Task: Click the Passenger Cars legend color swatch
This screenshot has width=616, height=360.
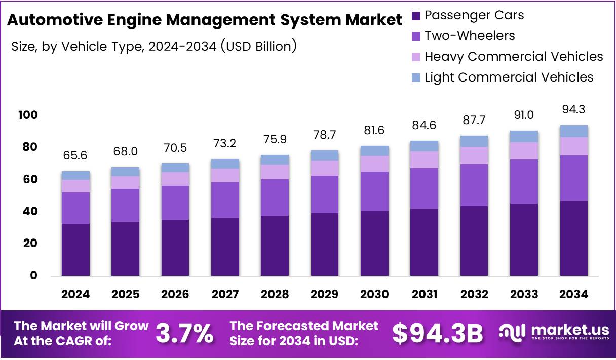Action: [x=416, y=16]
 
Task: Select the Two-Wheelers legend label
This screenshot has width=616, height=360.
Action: [x=469, y=36]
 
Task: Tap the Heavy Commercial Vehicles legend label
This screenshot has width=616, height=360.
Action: [x=513, y=56]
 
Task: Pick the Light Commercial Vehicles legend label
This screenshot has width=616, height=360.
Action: [x=509, y=77]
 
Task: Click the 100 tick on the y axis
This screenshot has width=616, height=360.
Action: [x=29, y=115]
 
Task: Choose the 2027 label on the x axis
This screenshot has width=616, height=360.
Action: [x=225, y=294]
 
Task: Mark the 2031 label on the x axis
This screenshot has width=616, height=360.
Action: [x=425, y=294]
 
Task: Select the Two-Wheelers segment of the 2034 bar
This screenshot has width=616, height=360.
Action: [x=574, y=178]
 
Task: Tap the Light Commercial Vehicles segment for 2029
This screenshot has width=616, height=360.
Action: [x=325, y=155]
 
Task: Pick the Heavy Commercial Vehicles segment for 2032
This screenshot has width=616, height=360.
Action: [x=474, y=155]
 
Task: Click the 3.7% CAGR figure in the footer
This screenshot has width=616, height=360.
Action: [x=184, y=333]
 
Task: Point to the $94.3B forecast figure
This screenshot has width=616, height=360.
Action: [x=438, y=333]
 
